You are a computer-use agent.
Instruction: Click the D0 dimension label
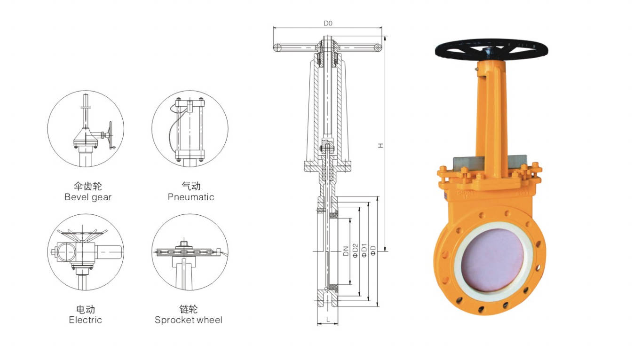[x=328, y=23]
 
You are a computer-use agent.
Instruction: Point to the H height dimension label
[x=380, y=145]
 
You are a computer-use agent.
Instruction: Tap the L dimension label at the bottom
[x=328, y=319]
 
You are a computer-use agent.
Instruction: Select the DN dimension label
[x=346, y=251]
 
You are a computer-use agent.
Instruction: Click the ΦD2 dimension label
[x=355, y=250]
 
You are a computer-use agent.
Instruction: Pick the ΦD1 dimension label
[x=364, y=250]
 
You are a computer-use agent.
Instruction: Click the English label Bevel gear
[x=88, y=197]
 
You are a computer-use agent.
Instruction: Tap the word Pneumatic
[x=191, y=197]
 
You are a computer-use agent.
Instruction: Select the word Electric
[x=85, y=320]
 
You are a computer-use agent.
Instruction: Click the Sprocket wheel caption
[x=188, y=320]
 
